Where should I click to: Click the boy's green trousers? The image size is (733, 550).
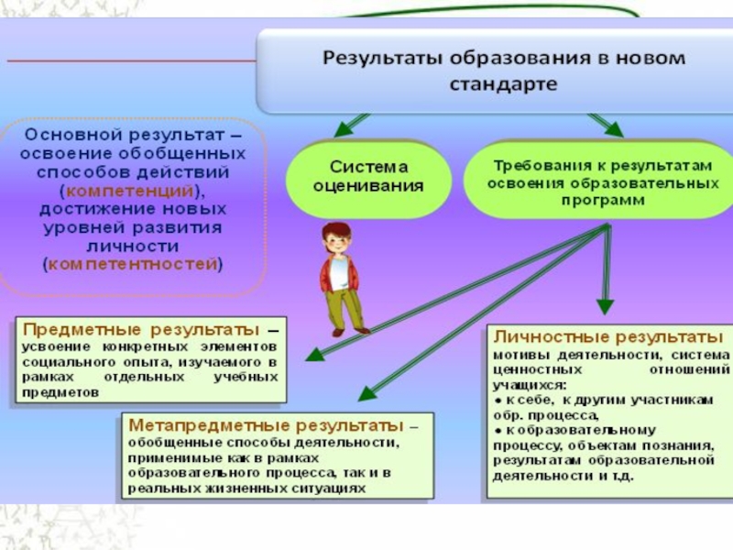tap(345, 307)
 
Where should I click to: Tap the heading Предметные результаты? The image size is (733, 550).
tap(138, 328)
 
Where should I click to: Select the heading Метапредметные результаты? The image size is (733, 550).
tap(265, 425)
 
